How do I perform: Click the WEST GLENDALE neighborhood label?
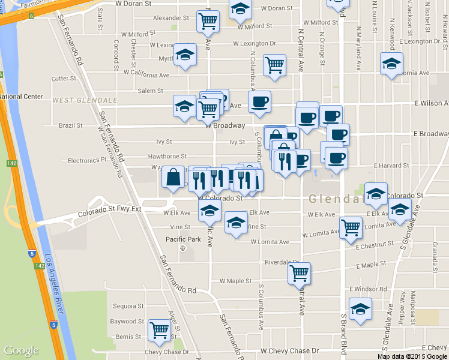pyautogui.click(x=84, y=100)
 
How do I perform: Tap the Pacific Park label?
pyautogui.click(x=183, y=239)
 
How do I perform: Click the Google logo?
pyautogui.click(x=21, y=350)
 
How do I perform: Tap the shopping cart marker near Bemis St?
pyautogui.click(x=159, y=330)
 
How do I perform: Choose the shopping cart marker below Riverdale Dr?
pyautogui.click(x=299, y=273)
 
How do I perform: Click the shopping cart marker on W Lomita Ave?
pyautogui.click(x=350, y=227)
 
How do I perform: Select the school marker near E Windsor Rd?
pyautogui.click(x=360, y=309)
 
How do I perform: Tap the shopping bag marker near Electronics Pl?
pyautogui.click(x=173, y=178)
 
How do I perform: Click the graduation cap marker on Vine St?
pyautogui.click(x=236, y=223)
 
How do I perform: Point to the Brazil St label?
pyautogui.click(x=71, y=126)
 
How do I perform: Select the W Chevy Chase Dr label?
pyautogui.click(x=289, y=350)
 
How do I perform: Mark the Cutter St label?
pyautogui.click(x=64, y=79)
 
